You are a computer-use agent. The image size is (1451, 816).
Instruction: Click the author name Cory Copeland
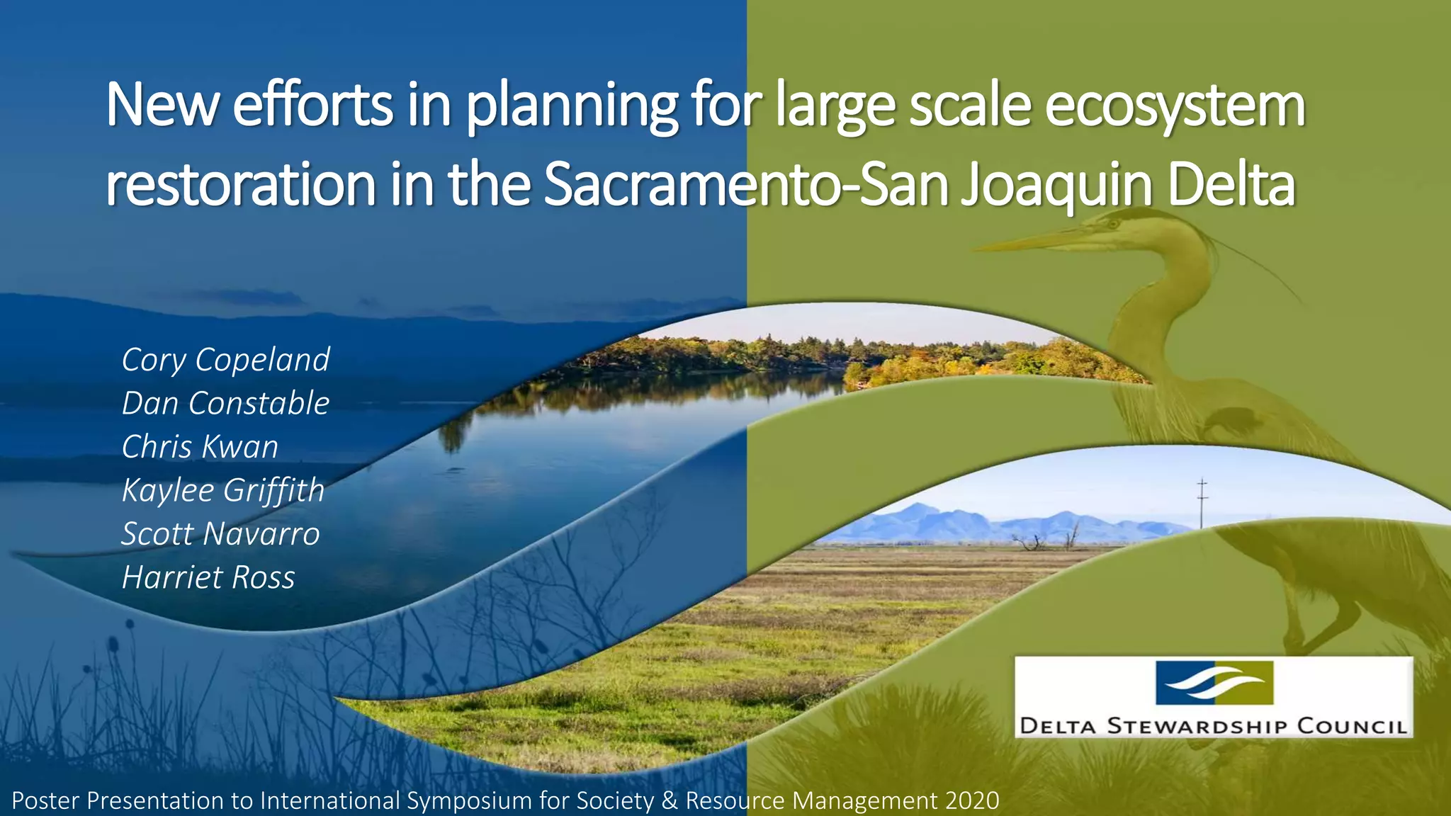(x=225, y=360)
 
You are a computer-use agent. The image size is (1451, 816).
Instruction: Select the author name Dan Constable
(x=225, y=403)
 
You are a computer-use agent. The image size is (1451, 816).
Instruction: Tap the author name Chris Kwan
(x=200, y=447)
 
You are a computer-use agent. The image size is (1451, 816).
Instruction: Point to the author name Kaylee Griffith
(x=222, y=490)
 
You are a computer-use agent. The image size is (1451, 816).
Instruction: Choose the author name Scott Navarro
(x=220, y=534)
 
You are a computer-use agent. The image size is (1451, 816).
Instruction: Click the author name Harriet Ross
(x=208, y=577)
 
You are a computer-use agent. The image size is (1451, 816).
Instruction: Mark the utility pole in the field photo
(x=1202, y=503)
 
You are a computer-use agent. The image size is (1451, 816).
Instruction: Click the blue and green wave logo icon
(x=1214, y=682)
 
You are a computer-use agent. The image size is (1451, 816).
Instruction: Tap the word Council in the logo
(x=1351, y=726)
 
